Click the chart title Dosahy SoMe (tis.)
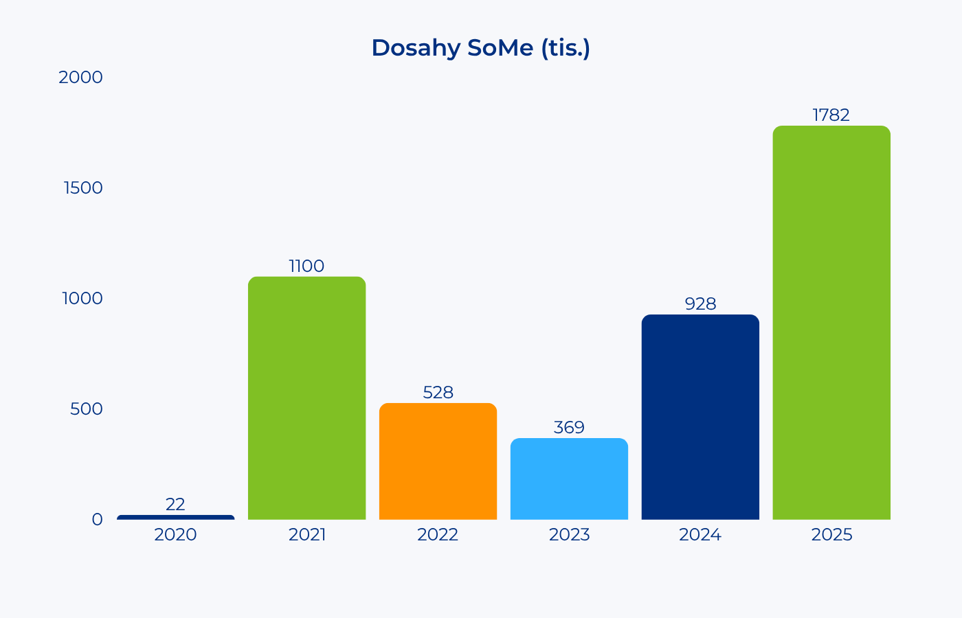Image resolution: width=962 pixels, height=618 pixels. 480,48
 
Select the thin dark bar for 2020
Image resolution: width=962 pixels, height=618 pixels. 176,517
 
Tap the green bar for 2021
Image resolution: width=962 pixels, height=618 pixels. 306,398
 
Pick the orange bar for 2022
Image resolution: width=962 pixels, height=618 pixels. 438,461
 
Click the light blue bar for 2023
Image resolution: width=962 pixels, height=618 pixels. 569,479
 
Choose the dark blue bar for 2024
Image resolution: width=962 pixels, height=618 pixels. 700,417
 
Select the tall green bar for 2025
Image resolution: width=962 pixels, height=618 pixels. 831,323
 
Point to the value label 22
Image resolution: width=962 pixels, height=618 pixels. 175,504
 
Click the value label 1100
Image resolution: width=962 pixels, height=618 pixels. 306,266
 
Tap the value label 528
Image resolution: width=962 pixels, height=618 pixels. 438,393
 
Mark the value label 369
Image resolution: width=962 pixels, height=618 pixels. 569,427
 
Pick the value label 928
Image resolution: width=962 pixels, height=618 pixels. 700,304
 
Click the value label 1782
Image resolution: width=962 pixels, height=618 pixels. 831,115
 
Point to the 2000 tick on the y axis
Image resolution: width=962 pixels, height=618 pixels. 81,77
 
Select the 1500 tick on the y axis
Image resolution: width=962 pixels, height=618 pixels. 83,188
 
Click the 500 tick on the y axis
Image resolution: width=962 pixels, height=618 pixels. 87,409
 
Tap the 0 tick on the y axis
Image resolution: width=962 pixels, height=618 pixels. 98,520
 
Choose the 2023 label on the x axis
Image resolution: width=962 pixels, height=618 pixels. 569,535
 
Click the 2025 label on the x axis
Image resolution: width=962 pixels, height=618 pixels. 831,535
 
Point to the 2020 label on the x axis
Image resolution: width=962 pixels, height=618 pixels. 175,535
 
